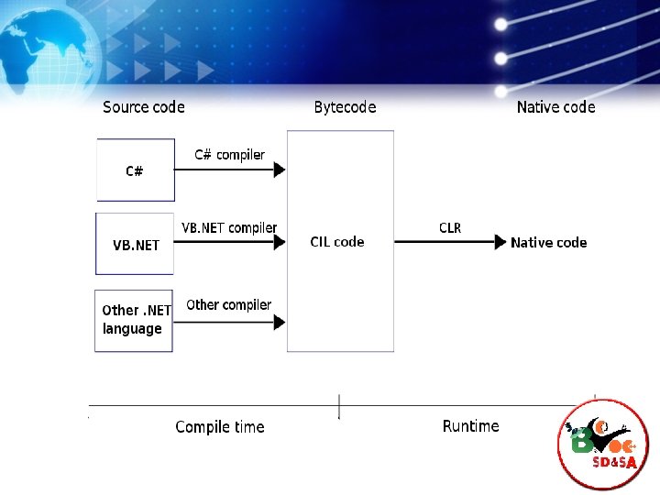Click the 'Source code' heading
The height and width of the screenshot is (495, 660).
(144, 107)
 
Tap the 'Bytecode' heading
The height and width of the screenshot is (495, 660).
(345, 107)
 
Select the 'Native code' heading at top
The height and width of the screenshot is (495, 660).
(555, 107)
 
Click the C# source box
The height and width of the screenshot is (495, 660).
(136, 170)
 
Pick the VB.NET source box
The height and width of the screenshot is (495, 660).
(135, 244)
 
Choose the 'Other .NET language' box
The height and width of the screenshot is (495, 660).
(134, 320)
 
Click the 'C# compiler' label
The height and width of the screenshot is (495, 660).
(229, 154)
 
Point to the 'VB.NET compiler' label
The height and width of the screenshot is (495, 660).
(229, 227)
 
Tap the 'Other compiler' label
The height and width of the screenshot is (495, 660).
(228, 304)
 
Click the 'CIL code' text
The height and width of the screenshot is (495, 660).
(337, 242)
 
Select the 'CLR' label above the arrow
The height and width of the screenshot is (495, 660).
(450, 227)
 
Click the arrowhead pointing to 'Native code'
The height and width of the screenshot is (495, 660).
(500, 242)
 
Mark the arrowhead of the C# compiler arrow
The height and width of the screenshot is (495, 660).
(280, 170)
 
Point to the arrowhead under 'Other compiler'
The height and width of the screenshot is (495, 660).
(280, 321)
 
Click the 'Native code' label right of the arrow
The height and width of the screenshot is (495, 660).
(548, 243)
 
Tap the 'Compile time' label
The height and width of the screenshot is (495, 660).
(220, 427)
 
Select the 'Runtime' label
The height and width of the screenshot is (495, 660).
(471, 426)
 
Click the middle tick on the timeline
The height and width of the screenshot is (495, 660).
(339, 406)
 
